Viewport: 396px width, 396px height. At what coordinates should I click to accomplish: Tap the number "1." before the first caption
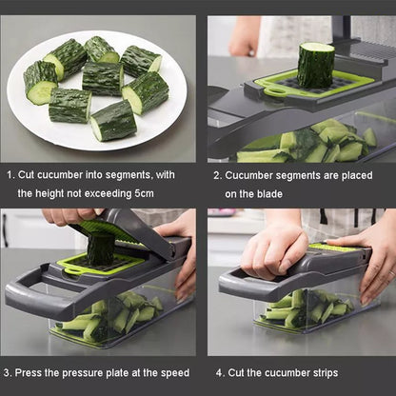point(10,175)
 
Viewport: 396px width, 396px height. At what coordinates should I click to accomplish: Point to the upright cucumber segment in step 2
point(316,65)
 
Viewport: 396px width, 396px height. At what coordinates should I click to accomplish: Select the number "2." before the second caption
point(217,175)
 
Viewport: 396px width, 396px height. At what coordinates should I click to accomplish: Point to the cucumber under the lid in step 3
point(100,249)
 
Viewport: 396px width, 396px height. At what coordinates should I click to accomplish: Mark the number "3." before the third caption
point(8,373)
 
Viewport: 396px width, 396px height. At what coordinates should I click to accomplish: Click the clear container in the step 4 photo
point(305,309)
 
